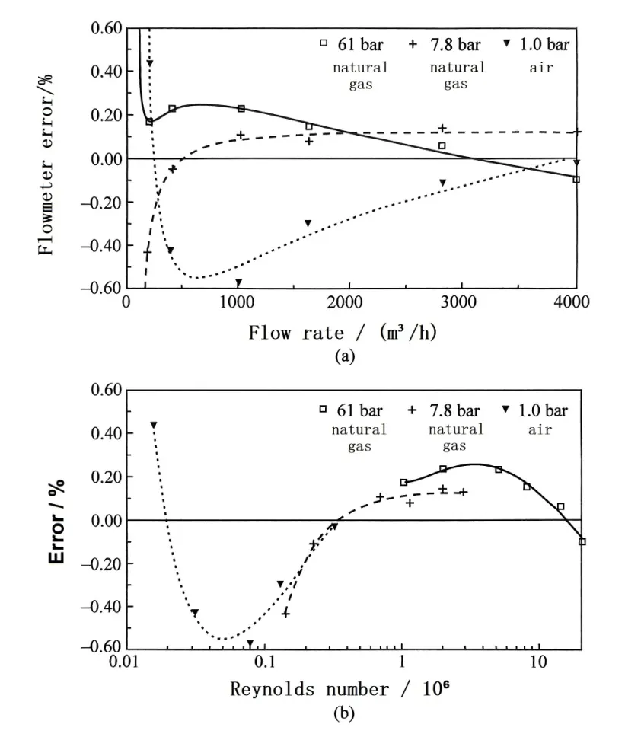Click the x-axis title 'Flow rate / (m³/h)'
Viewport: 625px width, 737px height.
[x=343, y=333]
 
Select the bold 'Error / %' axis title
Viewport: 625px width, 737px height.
[x=58, y=521]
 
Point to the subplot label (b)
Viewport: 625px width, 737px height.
[x=343, y=714]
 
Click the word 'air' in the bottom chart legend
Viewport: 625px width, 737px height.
[x=540, y=429]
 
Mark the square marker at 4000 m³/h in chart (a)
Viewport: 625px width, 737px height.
[x=576, y=180]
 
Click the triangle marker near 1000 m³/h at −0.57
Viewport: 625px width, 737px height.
[x=238, y=282]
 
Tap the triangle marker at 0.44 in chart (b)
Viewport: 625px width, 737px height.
[x=153, y=425]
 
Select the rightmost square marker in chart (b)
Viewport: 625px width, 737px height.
[x=582, y=541]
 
